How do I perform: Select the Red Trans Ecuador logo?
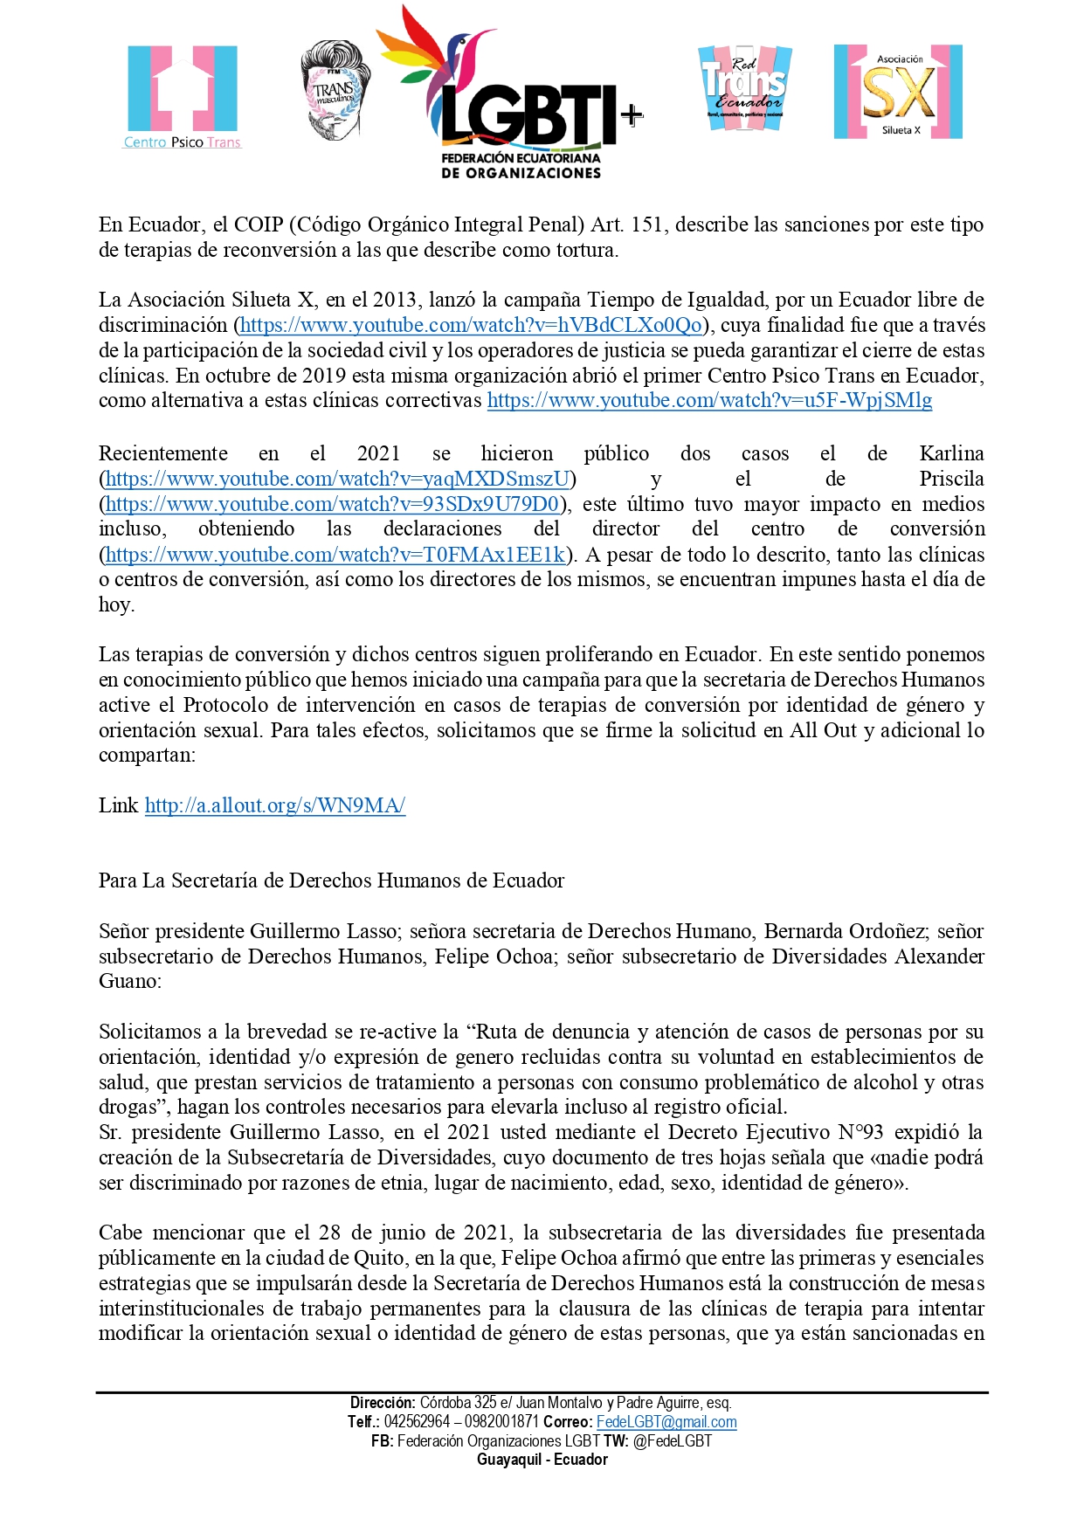click(745, 89)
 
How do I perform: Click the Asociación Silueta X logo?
click(898, 93)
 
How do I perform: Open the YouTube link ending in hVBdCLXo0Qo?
click(471, 326)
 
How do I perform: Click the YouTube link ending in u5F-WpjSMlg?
click(709, 401)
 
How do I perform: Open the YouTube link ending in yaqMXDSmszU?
click(337, 480)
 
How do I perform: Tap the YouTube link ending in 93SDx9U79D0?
click(332, 505)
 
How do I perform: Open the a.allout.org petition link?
click(275, 806)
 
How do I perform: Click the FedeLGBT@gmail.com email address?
click(666, 1422)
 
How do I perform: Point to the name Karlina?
click(951, 454)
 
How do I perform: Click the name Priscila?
click(951, 480)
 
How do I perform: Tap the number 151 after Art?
click(646, 225)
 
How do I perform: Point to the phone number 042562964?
click(417, 1422)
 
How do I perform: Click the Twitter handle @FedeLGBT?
click(673, 1441)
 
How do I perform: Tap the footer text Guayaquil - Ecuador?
click(542, 1460)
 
